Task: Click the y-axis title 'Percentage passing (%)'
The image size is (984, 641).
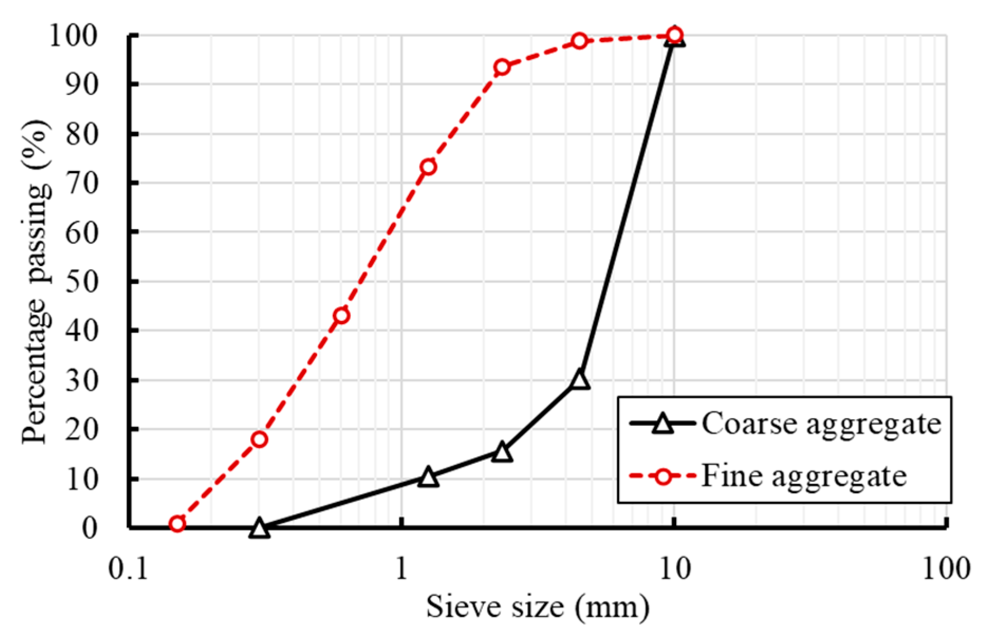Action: [x=37, y=282]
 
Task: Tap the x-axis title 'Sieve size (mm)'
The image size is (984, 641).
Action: [x=537, y=607]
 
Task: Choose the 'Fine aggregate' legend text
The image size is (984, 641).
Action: [x=803, y=476]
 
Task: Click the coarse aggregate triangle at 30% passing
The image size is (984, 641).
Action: [x=579, y=379]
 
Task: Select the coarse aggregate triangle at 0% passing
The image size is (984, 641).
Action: [x=259, y=527]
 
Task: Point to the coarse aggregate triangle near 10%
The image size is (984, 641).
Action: [x=428, y=477]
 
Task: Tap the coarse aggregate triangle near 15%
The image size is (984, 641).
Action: [x=502, y=452]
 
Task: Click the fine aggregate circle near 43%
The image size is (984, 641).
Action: [x=342, y=316]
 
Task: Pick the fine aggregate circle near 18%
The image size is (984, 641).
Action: [x=259, y=439]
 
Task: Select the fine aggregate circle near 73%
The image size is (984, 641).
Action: [x=428, y=167]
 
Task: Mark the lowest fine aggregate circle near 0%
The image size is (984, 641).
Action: [x=177, y=524]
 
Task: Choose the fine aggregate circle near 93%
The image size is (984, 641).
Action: [x=502, y=67]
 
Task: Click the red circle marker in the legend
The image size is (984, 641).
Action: [x=662, y=476]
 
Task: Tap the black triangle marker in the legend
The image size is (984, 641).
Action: [x=662, y=423]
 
